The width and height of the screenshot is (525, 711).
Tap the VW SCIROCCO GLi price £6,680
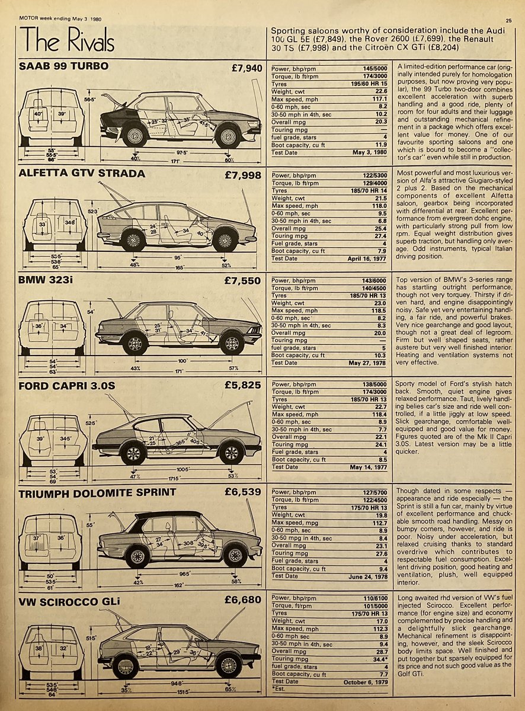(243, 600)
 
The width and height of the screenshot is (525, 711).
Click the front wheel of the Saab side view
(229, 136)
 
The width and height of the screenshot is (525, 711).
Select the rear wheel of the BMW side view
(135, 344)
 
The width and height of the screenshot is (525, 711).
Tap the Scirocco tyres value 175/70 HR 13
(370, 612)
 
